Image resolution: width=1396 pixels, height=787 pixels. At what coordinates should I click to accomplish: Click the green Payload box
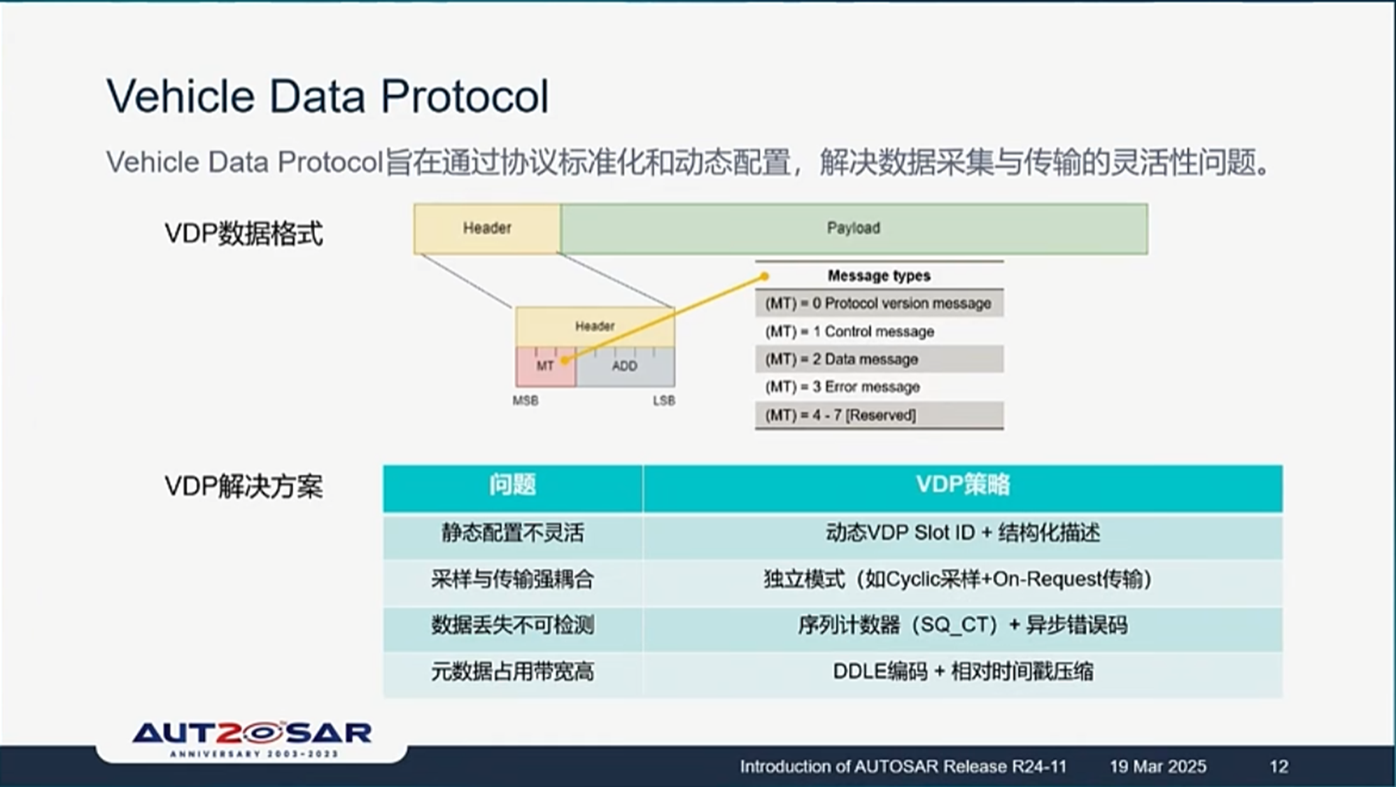click(854, 229)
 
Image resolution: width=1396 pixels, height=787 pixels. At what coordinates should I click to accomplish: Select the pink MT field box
click(545, 367)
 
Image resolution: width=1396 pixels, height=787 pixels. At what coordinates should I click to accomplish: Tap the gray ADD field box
click(625, 367)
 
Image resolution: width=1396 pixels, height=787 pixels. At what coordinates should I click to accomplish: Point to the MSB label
click(526, 401)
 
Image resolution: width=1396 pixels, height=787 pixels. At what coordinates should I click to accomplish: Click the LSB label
click(664, 401)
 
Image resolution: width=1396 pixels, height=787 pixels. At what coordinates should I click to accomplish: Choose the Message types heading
click(879, 276)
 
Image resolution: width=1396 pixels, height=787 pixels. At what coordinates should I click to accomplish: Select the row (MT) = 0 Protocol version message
click(879, 304)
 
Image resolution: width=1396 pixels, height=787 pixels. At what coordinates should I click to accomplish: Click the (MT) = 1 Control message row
click(879, 332)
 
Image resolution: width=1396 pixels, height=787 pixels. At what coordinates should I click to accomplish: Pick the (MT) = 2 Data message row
click(879, 360)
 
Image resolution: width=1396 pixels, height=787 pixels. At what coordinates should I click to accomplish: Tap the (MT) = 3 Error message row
click(879, 387)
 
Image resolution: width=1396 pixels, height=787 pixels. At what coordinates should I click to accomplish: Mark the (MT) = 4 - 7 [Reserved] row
click(879, 416)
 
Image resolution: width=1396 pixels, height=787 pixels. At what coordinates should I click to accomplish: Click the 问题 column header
click(512, 485)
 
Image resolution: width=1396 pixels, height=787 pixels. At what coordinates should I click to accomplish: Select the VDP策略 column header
click(962, 485)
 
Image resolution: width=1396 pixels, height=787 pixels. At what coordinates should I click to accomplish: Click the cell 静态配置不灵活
click(512, 534)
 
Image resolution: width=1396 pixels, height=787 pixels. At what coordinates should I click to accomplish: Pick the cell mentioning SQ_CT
click(962, 625)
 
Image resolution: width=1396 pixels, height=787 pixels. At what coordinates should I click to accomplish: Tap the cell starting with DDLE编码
click(962, 672)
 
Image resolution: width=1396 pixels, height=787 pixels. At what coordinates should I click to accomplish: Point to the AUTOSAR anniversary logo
click(252, 739)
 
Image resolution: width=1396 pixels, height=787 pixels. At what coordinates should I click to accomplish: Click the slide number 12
click(1278, 767)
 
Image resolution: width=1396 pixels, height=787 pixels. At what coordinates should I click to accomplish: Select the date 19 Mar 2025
click(1157, 767)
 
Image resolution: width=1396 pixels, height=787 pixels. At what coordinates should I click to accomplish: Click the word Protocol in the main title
click(465, 97)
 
